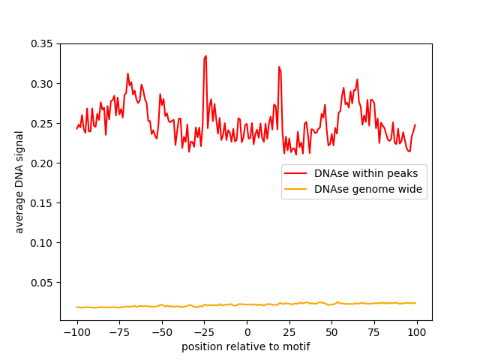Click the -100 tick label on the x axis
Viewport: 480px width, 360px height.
pos(76,332)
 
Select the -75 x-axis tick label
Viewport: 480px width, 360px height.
pos(119,332)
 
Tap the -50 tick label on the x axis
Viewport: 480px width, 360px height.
pos(162,332)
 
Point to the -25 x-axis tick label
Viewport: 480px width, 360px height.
pos(204,332)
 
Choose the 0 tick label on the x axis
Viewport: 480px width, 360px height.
pos(247,332)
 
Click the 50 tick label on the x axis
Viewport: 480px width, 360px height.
pos(332,332)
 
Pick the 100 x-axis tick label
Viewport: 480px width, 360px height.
pos(417,332)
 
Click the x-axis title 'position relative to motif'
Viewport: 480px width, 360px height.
pos(245,346)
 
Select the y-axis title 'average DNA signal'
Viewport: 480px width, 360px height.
pos(19,181)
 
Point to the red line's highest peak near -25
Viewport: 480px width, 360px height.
pos(205,56)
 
